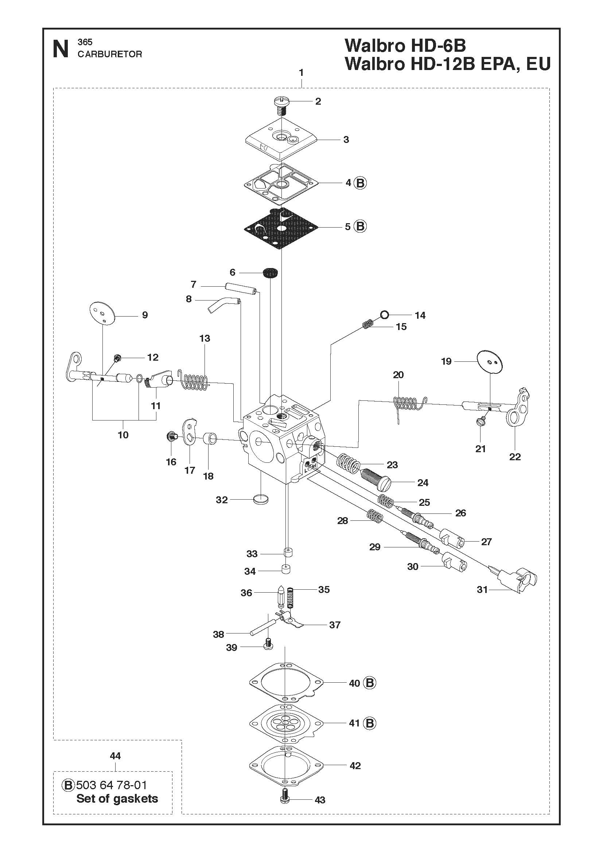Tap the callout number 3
pyautogui.click(x=346, y=140)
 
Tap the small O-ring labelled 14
pyautogui.click(x=384, y=315)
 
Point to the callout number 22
pyautogui.click(x=515, y=457)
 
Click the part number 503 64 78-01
pyautogui.click(x=112, y=785)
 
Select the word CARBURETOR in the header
pyautogui.click(x=110, y=54)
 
